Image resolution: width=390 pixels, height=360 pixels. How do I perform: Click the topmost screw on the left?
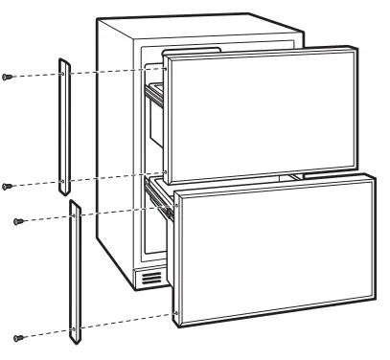click(9, 76)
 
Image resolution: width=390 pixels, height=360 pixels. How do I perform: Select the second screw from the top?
click(9, 186)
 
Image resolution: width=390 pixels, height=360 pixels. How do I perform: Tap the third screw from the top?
click(18, 221)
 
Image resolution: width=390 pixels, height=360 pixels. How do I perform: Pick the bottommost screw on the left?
click(18, 337)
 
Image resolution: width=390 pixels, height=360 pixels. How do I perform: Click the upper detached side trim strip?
click(62, 124)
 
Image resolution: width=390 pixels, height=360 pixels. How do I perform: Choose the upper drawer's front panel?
click(253, 109)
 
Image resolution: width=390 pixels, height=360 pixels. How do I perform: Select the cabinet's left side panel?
click(112, 153)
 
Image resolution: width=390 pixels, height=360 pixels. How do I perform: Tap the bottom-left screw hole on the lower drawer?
click(178, 311)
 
